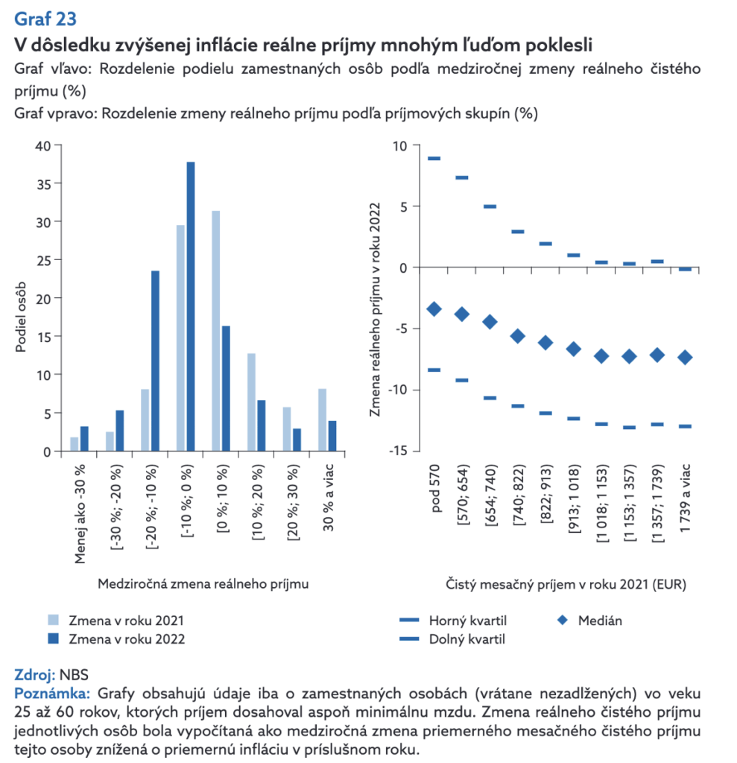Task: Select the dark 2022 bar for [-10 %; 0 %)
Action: [190, 306]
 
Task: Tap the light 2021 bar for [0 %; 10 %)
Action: [216, 331]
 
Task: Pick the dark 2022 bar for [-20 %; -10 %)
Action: [155, 361]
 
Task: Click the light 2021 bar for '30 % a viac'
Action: [322, 420]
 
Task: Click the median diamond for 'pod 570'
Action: [434, 309]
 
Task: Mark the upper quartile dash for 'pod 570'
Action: [434, 159]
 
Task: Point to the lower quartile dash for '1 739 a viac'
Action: [685, 426]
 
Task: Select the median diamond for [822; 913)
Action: [545, 343]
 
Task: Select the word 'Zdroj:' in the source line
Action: [34, 675]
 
